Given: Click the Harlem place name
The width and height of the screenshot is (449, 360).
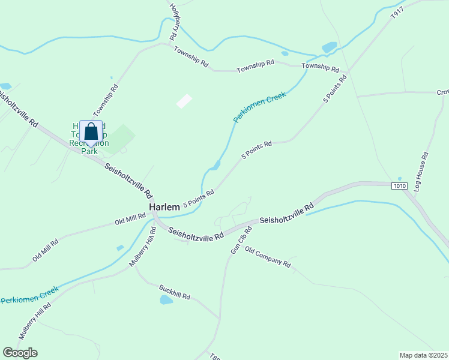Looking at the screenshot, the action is tap(164, 207).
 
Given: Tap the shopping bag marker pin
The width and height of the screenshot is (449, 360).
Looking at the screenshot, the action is tap(91, 131).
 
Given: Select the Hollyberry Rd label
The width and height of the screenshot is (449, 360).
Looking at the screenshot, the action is tap(175, 22).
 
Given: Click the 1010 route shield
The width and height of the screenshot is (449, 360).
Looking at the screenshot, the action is tap(400, 186).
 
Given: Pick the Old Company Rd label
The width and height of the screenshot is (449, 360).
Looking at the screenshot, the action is tap(268, 257).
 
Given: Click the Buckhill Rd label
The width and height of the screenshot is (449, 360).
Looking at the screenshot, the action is tap(175, 292).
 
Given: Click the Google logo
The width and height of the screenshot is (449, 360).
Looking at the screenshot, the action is tap(20, 353).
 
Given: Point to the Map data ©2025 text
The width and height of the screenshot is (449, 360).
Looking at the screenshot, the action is tap(423, 355).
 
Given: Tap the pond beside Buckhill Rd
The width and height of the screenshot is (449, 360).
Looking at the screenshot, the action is tap(166, 300).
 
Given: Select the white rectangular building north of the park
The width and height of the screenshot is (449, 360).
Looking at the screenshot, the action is tap(184, 101).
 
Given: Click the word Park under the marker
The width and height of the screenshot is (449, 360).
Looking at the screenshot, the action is tap(89, 151).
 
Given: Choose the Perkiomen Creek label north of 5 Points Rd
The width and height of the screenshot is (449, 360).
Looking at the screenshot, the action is tap(259, 107).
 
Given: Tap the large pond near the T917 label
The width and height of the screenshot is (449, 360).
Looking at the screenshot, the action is tap(330, 47).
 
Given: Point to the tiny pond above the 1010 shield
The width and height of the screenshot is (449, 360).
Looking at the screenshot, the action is tap(400, 179).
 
